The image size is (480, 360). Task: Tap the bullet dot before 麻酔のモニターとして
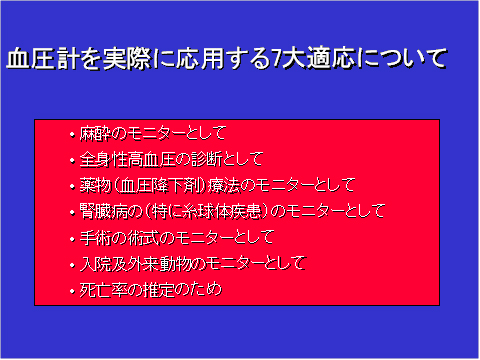pos(72,132)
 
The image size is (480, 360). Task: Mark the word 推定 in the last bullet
pos(154,291)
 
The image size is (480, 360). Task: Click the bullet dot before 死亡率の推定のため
pos(72,291)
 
